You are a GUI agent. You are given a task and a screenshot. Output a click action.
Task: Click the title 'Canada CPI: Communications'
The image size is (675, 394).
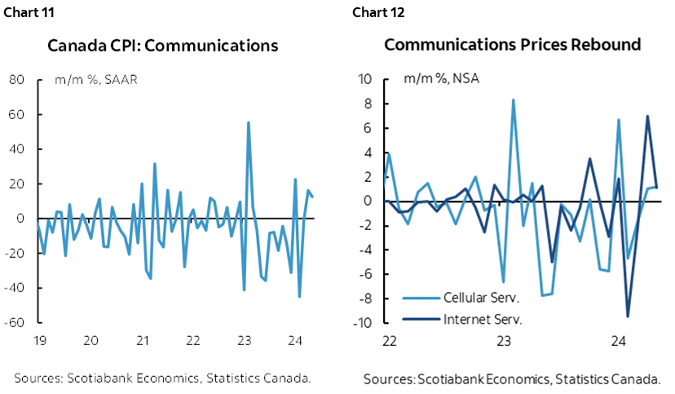click(x=163, y=45)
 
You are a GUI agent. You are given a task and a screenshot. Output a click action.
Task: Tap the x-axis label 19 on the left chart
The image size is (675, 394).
click(x=38, y=340)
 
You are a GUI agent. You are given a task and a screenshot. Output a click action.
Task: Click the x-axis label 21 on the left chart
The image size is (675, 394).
click(x=143, y=340)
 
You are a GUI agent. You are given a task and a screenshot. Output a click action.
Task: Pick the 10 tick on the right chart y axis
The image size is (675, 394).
click(x=364, y=80)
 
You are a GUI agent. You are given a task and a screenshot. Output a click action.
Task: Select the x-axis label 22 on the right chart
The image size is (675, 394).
click(x=390, y=340)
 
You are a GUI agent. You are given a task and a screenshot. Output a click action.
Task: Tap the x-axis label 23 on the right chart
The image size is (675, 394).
click(x=504, y=340)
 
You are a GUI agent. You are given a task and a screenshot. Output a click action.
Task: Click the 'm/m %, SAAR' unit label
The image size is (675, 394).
click(x=90, y=79)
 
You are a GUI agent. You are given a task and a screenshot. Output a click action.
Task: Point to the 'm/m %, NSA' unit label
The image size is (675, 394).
click(x=437, y=79)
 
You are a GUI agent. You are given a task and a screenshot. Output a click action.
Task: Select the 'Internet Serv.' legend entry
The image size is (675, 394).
click(x=481, y=317)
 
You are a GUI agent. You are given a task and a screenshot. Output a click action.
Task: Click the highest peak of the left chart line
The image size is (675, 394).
click(x=248, y=122)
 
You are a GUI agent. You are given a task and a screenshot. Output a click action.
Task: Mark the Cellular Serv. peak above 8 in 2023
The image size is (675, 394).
click(x=513, y=100)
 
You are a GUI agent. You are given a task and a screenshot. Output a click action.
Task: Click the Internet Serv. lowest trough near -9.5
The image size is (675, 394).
click(x=628, y=316)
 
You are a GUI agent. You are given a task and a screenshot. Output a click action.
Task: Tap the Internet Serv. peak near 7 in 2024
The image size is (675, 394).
click(x=647, y=116)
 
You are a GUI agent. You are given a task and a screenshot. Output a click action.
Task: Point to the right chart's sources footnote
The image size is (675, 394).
click(x=512, y=379)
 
